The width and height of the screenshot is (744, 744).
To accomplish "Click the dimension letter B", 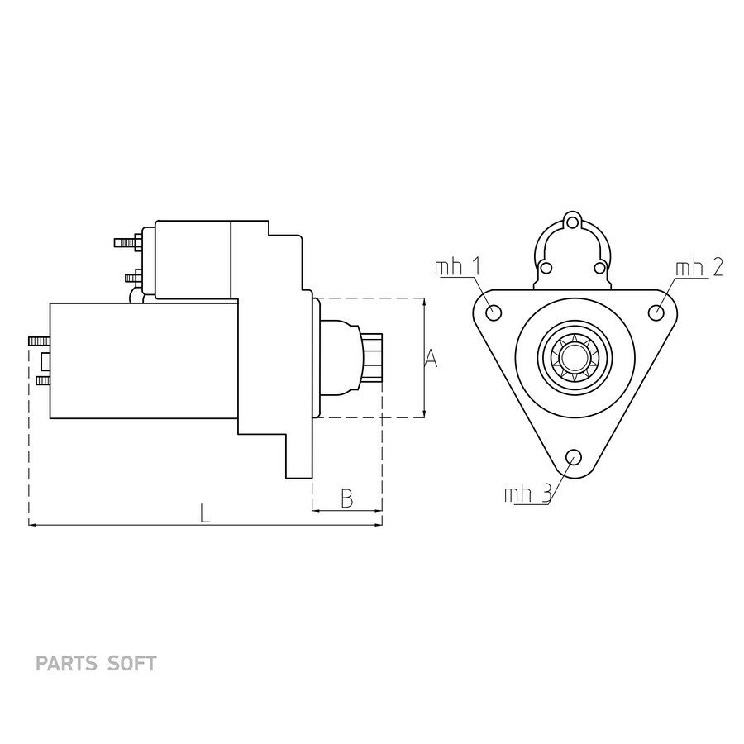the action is point(347,498).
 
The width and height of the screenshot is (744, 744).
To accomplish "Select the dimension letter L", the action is point(204,513).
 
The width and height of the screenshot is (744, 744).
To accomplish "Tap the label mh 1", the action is point(457,267).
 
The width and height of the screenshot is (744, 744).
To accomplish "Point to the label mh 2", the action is point(699,268).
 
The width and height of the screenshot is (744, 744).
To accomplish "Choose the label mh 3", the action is point(527,494).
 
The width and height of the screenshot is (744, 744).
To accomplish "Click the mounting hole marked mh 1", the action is point(494,313).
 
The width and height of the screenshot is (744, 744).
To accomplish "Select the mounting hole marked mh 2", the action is point(656,312).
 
